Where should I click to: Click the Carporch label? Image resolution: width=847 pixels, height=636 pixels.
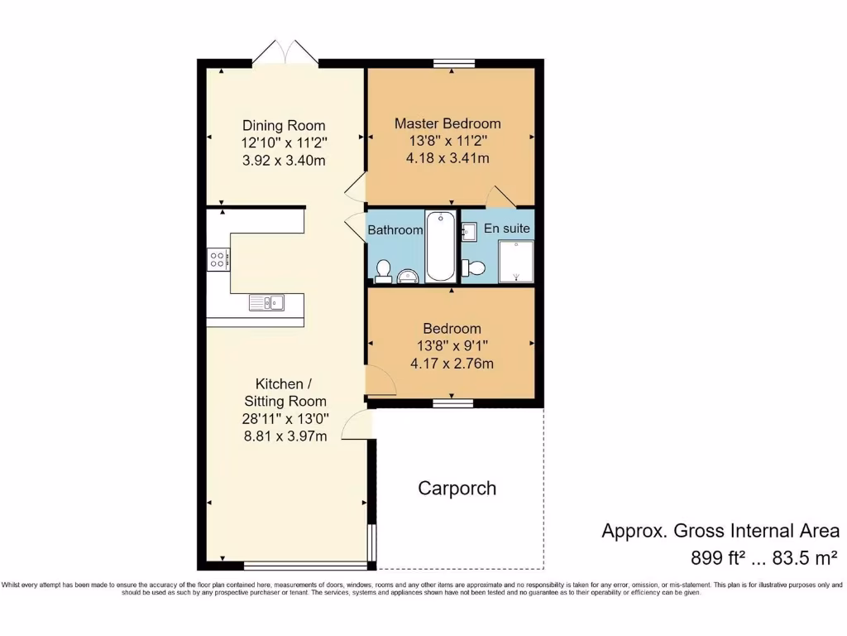457,488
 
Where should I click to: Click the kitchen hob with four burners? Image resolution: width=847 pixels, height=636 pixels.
218,260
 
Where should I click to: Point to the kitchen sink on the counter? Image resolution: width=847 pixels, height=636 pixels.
266,303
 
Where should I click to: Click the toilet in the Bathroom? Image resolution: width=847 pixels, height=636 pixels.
383,269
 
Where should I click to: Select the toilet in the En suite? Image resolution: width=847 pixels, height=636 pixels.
474,267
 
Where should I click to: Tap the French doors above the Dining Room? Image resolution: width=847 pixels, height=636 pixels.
285,53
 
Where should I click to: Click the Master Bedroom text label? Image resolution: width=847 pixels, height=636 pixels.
447,123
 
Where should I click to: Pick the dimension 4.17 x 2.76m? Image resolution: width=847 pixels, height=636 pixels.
452,363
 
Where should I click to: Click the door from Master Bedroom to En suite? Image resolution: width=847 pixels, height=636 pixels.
500,197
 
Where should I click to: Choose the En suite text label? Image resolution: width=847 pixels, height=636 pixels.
506,228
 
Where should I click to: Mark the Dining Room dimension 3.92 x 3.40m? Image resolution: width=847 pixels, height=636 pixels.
284,160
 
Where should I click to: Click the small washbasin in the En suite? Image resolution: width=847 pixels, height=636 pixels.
468,232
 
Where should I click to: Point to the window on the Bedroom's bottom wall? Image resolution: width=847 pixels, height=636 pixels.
452,403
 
